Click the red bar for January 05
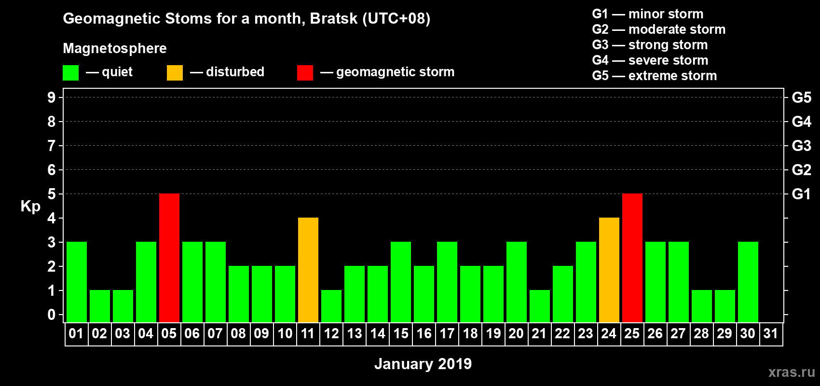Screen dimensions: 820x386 pyautogui.click(x=169, y=258)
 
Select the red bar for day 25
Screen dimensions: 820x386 pyautogui.click(x=632, y=258)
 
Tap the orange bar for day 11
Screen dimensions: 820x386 pyautogui.click(x=308, y=270)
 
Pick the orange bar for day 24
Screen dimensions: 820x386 pyautogui.click(x=609, y=270)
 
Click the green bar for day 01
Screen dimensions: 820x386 pyautogui.click(x=77, y=282)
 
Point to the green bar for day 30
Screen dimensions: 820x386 pyautogui.click(x=748, y=282)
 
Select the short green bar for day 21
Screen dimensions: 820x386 pyautogui.click(x=540, y=306)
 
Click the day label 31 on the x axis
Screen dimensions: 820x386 pyautogui.click(x=771, y=333)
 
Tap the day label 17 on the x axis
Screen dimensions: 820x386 pyautogui.click(x=447, y=333)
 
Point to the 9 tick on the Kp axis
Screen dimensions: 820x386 pyautogui.click(x=51, y=97)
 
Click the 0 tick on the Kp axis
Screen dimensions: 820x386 pyautogui.click(x=51, y=315)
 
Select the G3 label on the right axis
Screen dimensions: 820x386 pyautogui.click(x=801, y=146)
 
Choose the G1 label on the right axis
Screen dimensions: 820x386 pyautogui.click(x=801, y=194)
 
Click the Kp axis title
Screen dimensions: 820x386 pyautogui.click(x=30, y=207)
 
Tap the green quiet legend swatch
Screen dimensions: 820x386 pyautogui.click(x=70, y=72)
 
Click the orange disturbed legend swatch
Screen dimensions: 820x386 pyautogui.click(x=175, y=72)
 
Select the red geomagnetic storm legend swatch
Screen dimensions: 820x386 pyautogui.click(x=305, y=72)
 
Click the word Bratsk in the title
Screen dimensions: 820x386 pyautogui.click(x=333, y=19)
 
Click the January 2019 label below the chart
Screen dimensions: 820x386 pyautogui.click(x=423, y=364)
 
